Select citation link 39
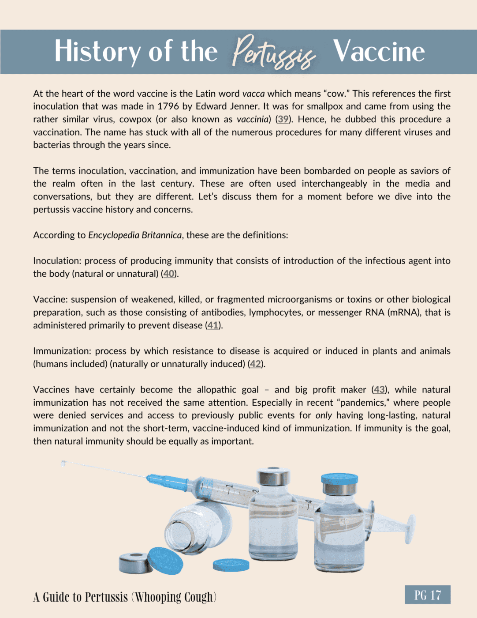tap(283, 119)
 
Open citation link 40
tap(168, 274)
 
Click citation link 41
tap(213, 325)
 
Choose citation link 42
tap(255, 364)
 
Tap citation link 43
tap(379, 390)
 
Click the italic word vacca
tap(253, 94)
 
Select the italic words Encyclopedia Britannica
tap(135, 235)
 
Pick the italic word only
tap(324, 415)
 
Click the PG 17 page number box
tap(427, 595)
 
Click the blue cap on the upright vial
tap(339, 478)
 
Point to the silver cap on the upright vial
tap(273, 477)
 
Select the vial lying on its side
tap(198, 525)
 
